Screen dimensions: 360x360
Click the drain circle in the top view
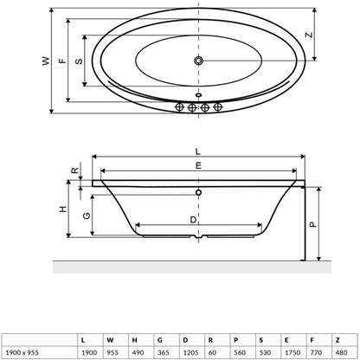[198, 61]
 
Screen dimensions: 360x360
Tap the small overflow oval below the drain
[198, 94]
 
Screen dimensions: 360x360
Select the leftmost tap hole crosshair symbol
[179, 107]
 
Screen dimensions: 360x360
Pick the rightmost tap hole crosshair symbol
[218, 107]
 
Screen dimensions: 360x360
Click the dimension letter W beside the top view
[46, 61]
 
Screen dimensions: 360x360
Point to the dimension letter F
[62, 61]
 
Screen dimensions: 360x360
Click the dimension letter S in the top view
[79, 61]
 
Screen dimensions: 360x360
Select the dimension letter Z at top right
[309, 35]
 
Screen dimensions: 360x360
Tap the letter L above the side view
[197, 151]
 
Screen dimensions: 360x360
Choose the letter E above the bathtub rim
[198, 165]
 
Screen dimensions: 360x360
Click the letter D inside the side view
[193, 220]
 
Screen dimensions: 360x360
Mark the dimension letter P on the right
[313, 224]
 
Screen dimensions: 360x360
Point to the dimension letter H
[63, 209]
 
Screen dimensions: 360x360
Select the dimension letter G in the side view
[87, 215]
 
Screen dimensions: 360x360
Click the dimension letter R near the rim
[75, 170]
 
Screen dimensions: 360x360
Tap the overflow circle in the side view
[198, 192]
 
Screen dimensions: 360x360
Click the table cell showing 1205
[190, 352]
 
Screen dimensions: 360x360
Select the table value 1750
[292, 352]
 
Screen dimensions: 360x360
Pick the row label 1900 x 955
[22, 352]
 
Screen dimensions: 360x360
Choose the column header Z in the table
[337, 340]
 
